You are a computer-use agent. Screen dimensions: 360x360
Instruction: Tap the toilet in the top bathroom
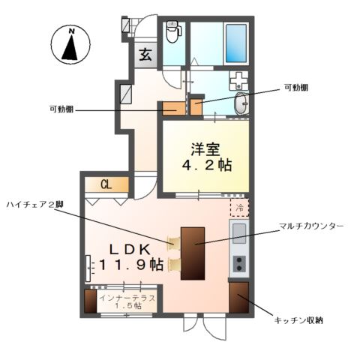(172, 32)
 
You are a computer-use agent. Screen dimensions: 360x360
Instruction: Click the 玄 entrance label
(145, 54)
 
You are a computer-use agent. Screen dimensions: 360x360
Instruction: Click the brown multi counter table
(193, 250)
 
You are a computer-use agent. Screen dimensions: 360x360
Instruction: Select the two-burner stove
(239, 262)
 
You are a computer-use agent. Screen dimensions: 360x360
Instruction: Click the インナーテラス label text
(127, 298)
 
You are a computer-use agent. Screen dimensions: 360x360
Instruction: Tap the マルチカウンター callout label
(310, 225)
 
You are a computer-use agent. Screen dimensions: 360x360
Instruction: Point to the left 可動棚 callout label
(61, 110)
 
